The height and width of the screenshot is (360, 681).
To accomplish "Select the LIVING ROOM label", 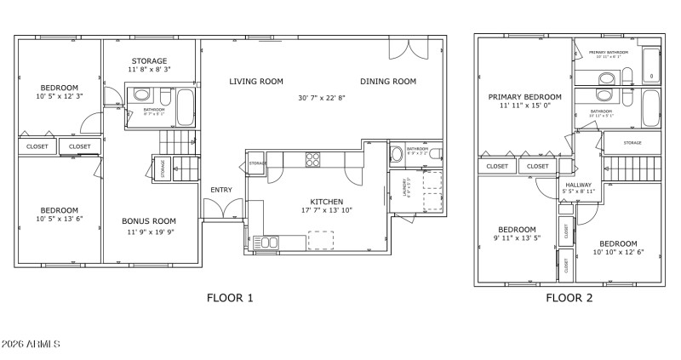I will [255, 82].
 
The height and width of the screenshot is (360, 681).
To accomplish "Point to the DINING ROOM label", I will [387, 82].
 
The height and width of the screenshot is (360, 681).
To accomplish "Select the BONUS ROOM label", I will [148, 221].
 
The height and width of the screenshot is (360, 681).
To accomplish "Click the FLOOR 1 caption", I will [230, 298].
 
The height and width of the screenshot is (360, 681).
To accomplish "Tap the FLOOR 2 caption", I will [569, 298].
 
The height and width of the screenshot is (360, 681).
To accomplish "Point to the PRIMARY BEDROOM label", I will [524, 97].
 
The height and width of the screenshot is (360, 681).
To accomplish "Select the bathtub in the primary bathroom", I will [650, 65].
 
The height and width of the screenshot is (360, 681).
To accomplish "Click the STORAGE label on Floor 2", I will [632, 143].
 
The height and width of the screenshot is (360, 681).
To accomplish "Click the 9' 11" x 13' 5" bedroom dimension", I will [517, 239].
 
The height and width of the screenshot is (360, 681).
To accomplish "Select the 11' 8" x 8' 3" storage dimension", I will [149, 69].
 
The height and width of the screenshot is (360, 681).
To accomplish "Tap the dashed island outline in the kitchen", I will [320, 240].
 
